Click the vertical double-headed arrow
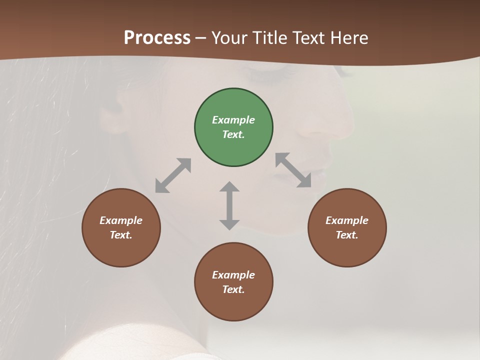click(x=229, y=205)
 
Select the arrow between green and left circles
click(x=173, y=175)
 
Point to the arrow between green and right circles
click(x=293, y=170)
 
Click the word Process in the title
click(x=157, y=37)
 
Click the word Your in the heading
click(x=229, y=37)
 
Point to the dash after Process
click(x=201, y=38)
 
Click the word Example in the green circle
click(x=233, y=120)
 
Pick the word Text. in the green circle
click(x=233, y=134)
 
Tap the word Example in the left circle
click(x=121, y=220)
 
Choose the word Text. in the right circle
click(x=347, y=235)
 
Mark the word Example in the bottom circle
click(x=233, y=275)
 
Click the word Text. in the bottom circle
click(x=233, y=289)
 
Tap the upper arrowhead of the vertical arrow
click(x=229, y=186)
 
